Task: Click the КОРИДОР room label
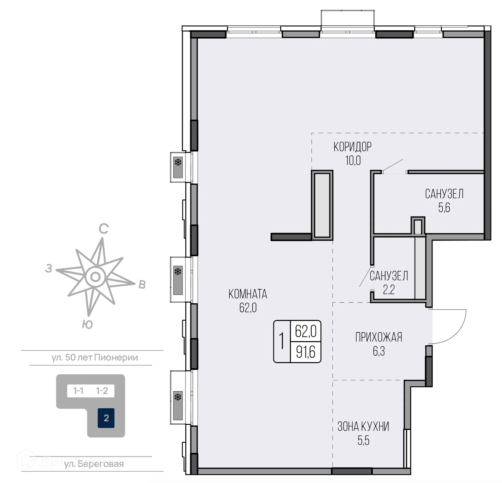coord(352,147)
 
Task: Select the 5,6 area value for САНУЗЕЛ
coord(444,208)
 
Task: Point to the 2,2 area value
coord(389,290)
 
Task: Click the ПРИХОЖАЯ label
coord(379,337)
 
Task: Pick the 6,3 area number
coord(379,351)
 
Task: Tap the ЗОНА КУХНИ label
coord(363,427)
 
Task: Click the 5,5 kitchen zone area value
coord(363,441)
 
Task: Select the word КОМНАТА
coord(248,294)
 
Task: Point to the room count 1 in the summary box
coord(282,341)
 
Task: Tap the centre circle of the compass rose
coord(95,277)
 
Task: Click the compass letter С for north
coord(104,229)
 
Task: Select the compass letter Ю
coord(87,325)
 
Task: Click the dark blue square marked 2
coord(106,418)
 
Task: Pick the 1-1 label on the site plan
coord(78,391)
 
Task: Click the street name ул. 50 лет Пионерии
coord(95,358)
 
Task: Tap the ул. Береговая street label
coord(94,464)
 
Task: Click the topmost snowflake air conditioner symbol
coord(178,163)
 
